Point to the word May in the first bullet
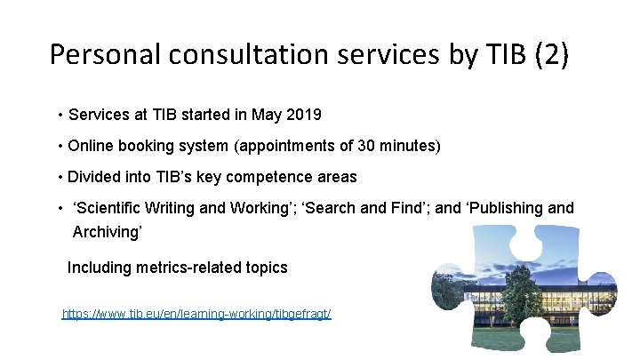tap(268, 115)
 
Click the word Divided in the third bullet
tap(94, 176)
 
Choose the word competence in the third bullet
tap(262, 176)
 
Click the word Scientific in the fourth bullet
tap(110, 208)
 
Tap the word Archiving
tap(108, 231)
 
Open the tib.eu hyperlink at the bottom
tap(196, 315)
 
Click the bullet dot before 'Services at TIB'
tap(59, 116)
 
